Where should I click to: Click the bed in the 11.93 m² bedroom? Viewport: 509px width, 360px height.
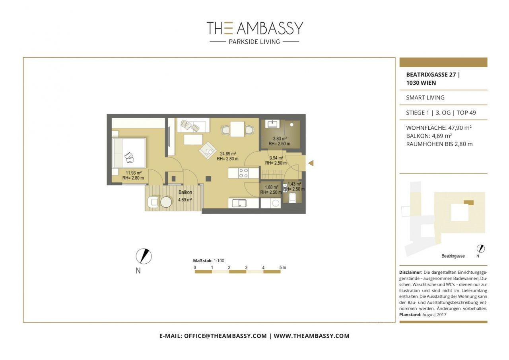128,154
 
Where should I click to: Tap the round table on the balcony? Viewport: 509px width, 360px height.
166,202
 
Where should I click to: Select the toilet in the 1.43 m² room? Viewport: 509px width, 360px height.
292,198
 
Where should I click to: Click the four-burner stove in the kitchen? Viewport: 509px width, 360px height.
243,173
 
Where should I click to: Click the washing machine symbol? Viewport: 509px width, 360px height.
274,203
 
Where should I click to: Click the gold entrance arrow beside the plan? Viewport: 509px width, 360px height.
311,163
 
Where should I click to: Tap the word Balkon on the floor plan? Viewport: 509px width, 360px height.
185,193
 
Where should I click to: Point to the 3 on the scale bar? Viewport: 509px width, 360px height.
246,267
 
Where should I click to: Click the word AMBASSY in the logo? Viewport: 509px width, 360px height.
270,28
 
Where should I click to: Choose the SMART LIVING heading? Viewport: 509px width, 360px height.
425,97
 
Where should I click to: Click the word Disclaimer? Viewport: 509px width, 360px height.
410,272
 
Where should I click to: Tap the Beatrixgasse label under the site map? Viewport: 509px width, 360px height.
453,256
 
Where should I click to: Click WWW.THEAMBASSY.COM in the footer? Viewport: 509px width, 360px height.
311,336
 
